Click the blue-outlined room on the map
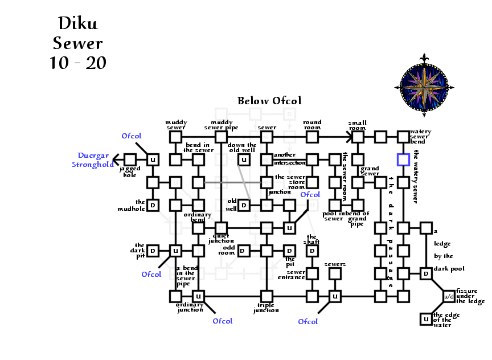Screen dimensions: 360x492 (403, 159)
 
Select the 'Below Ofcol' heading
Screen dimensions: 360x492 (269, 101)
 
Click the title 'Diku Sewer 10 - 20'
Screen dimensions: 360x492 (78, 43)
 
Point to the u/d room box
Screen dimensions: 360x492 (449, 296)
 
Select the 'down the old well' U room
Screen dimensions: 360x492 (244, 159)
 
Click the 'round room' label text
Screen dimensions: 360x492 (312, 125)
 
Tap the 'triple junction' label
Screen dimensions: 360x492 (266, 308)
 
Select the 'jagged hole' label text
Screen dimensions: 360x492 (129, 171)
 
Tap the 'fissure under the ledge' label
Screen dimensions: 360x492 (470, 296)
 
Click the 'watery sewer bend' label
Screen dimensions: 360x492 (420, 137)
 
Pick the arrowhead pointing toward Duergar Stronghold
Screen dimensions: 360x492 (116, 159)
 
